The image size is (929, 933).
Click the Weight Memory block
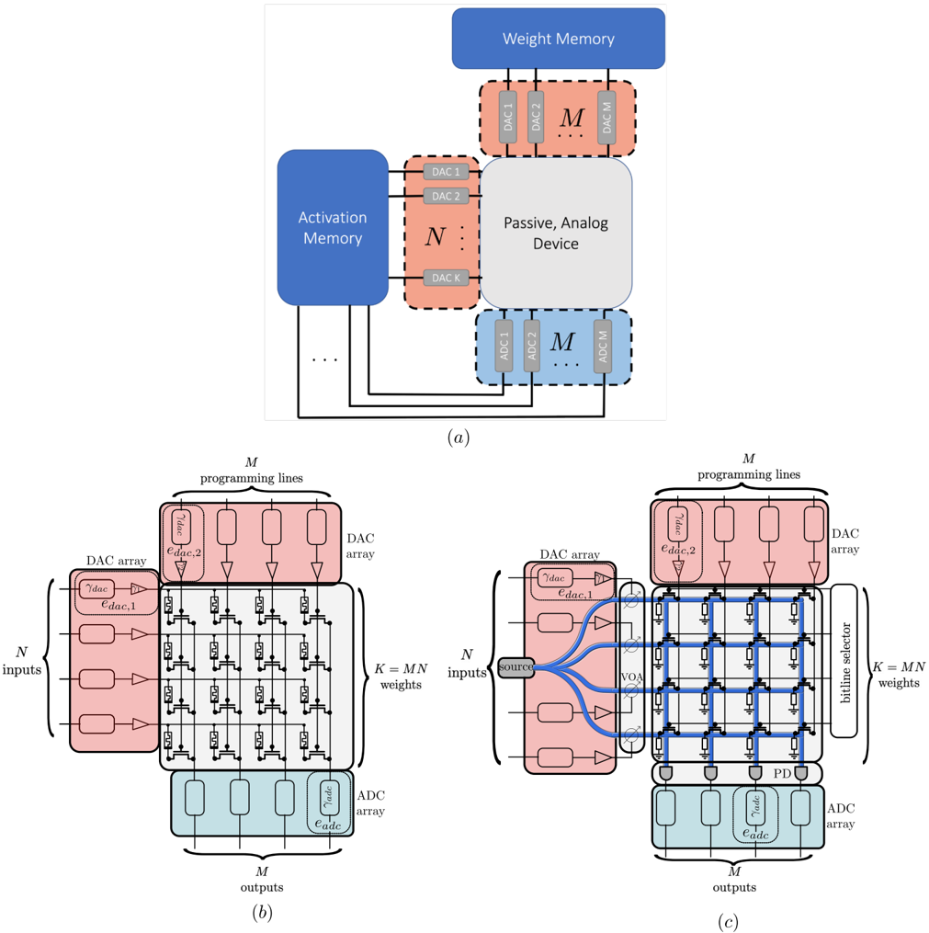tap(558, 39)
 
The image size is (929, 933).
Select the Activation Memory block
tap(332, 227)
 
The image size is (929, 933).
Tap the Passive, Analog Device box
tap(556, 233)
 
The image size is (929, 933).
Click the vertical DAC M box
tap(606, 116)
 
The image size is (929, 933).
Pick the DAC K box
tap(446, 277)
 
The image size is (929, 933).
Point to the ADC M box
tap(603, 346)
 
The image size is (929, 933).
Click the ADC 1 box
tap(504, 346)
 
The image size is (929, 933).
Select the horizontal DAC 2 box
tap(446, 196)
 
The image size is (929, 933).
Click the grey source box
tap(515, 666)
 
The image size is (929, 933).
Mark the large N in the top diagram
tap(435, 236)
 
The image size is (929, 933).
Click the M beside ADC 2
tap(561, 342)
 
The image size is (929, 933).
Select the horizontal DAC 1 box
tap(446, 172)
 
